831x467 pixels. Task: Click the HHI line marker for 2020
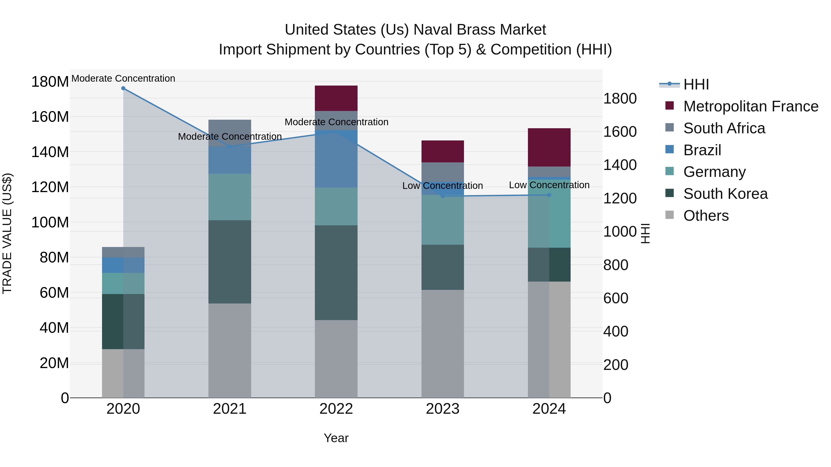pyautogui.click(x=123, y=88)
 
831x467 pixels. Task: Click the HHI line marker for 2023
pyautogui.click(x=443, y=196)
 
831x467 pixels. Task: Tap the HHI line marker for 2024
pyautogui.click(x=549, y=195)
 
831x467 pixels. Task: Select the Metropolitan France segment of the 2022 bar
pyautogui.click(x=336, y=98)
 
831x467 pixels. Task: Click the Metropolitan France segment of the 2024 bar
pyautogui.click(x=549, y=147)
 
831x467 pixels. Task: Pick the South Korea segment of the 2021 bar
pyautogui.click(x=230, y=262)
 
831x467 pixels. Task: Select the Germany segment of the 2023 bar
pyautogui.click(x=443, y=220)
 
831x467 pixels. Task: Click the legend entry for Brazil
pyautogui.click(x=702, y=150)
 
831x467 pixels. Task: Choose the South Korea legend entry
pyautogui.click(x=725, y=194)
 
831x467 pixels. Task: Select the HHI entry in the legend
pyautogui.click(x=696, y=84)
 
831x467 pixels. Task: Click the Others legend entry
pyautogui.click(x=706, y=216)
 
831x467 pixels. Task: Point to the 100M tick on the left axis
pyautogui.click(x=50, y=222)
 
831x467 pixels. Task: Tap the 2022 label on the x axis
pyautogui.click(x=336, y=409)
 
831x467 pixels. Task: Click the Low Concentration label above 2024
pyautogui.click(x=549, y=185)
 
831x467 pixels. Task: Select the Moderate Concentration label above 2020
pyautogui.click(x=123, y=78)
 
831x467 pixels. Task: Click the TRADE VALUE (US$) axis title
pyautogui.click(x=7, y=233)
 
